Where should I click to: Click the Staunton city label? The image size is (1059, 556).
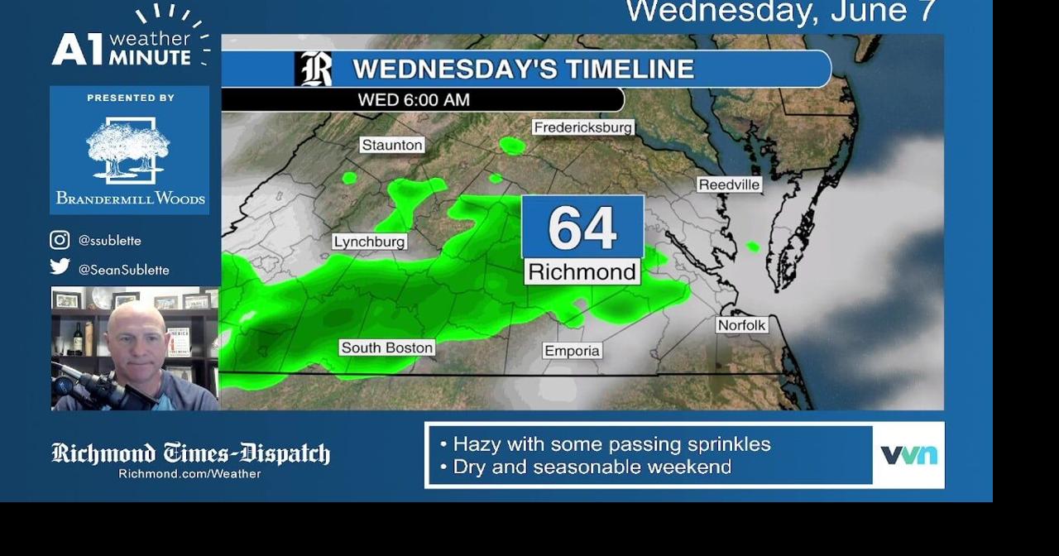392,145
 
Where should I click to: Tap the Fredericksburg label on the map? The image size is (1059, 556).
582,127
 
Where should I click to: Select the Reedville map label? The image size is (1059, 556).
729,185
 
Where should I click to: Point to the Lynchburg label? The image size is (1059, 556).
369,242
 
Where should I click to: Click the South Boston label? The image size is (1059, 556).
386,347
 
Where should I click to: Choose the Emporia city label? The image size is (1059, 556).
572,351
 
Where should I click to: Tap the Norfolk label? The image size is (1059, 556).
741,325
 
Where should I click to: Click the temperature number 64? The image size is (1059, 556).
582,228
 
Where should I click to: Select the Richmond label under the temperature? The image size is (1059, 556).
582,271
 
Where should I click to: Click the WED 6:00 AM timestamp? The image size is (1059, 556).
414,100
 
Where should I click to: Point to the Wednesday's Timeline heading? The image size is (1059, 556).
523,69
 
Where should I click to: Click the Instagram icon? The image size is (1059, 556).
60,240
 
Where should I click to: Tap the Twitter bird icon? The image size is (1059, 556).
60,266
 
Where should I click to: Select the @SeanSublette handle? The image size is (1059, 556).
123,270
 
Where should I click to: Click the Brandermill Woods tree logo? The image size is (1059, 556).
128,149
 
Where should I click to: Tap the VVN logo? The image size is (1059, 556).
908,455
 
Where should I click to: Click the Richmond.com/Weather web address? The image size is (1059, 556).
189,474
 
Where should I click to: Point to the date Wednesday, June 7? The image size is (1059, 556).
780,12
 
